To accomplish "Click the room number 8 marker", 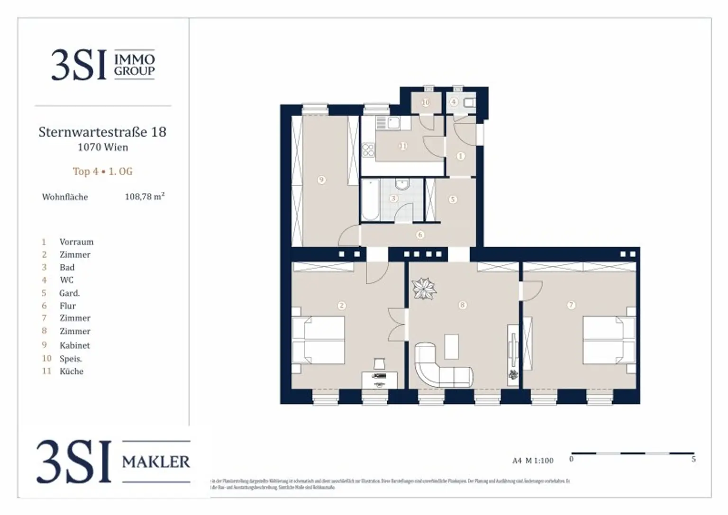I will tap(463, 305).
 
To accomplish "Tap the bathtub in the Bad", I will tap(370, 199).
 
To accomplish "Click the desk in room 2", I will tap(380, 379).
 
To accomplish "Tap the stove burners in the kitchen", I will tap(368, 150).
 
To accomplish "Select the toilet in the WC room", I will tap(469, 102).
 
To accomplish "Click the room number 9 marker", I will tap(322, 180).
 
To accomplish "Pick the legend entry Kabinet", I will tap(74, 345).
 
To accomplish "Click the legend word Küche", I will tap(72, 371).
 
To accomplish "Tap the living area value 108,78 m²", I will tap(145, 197).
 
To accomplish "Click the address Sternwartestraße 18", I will tap(102, 132).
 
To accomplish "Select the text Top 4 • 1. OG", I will tap(102, 172).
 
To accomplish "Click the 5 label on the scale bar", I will tap(693, 459).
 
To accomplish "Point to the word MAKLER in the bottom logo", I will tap(156, 461).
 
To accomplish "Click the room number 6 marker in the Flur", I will tap(420, 235).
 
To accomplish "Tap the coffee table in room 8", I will tap(452, 346).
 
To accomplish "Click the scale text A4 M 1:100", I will tap(533, 461).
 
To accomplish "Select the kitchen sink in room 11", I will tap(392, 124).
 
